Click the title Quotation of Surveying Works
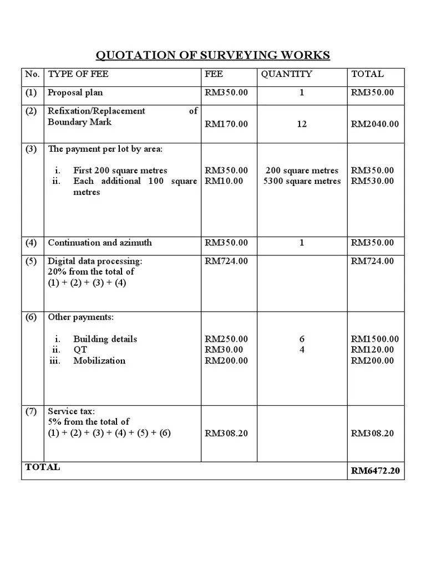213,55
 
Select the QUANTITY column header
286,74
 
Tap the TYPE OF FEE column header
78,74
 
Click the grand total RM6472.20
376,471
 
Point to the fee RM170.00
226,124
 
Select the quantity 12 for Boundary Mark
301,124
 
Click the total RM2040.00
374,124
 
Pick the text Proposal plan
75,92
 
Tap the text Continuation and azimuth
100,243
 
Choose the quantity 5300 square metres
302,181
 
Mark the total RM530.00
372,181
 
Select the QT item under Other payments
80,350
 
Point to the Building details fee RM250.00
226,339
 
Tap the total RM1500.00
374,339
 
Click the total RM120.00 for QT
372,350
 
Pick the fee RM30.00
224,350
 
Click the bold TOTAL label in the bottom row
43,467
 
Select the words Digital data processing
95,261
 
